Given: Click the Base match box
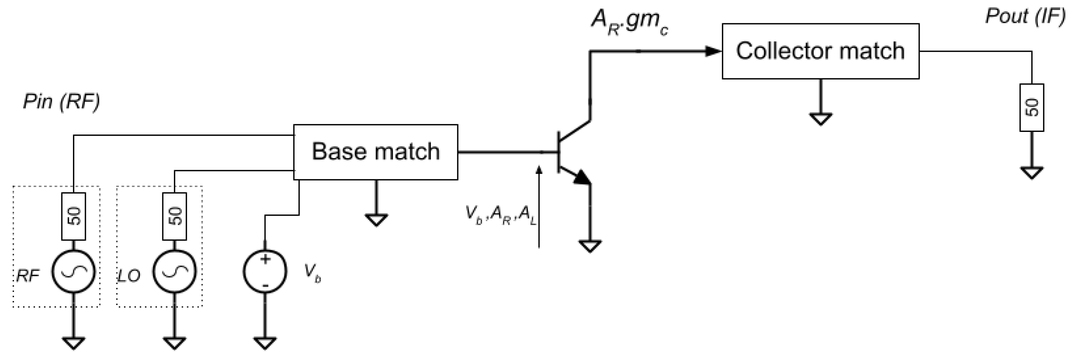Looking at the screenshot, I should pyautogui.click(x=375, y=152).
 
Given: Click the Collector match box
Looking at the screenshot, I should pyautogui.click(x=820, y=51).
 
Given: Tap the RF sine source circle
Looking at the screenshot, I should pyautogui.click(x=73, y=271).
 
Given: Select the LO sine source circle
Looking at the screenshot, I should pyautogui.click(x=175, y=271).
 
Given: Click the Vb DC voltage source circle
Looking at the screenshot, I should pyautogui.click(x=265, y=271).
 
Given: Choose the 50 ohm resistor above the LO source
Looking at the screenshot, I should pyautogui.click(x=175, y=216).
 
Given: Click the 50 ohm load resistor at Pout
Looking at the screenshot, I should pyautogui.click(x=1032, y=108).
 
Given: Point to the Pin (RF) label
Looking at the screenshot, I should pyautogui.click(x=61, y=101).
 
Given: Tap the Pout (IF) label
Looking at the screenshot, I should pyautogui.click(x=1025, y=16).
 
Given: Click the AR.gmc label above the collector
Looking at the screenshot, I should pyautogui.click(x=629, y=22).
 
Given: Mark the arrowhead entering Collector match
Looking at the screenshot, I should pyautogui.click(x=713, y=51).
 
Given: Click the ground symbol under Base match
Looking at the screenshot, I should pyautogui.click(x=376, y=219).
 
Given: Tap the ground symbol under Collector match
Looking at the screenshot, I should pyautogui.click(x=821, y=119).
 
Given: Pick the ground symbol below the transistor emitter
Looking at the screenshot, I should pyautogui.click(x=590, y=246).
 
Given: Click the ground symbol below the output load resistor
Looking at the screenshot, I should pyautogui.click(x=1032, y=172).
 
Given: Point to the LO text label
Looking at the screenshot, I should pyautogui.click(x=128, y=276).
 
